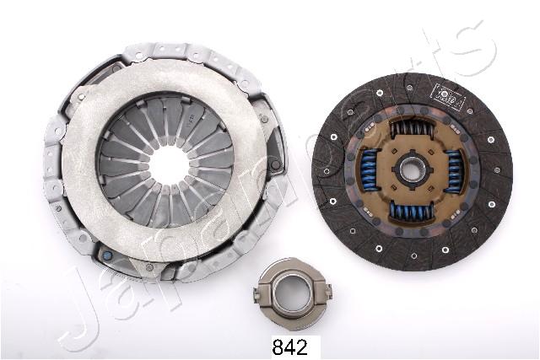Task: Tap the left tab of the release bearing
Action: click(261, 294)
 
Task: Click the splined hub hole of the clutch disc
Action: click(411, 170)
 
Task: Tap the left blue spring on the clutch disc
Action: click(369, 169)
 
